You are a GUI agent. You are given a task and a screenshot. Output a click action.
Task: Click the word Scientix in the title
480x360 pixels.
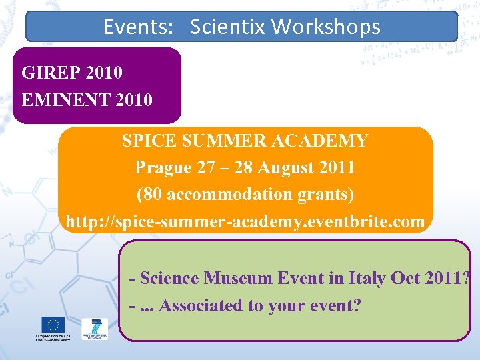pyautogui.click(x=228, y=27)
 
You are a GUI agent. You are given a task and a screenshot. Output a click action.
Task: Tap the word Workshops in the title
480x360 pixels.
pyautogui.click(x=326, y=27)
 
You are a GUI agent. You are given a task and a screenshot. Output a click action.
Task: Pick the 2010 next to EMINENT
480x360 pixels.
pyautogui.click(x=134, y=100)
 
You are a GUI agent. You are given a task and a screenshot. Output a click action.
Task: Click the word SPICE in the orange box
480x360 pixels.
pyautogui.click(x=145, y=141)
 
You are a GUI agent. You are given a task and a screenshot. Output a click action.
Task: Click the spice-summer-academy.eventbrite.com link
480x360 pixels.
pyautogui.click(x=245, y=222)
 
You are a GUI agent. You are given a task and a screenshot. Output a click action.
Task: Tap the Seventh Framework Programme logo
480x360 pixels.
pyautogui.click(x=94, y=329)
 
